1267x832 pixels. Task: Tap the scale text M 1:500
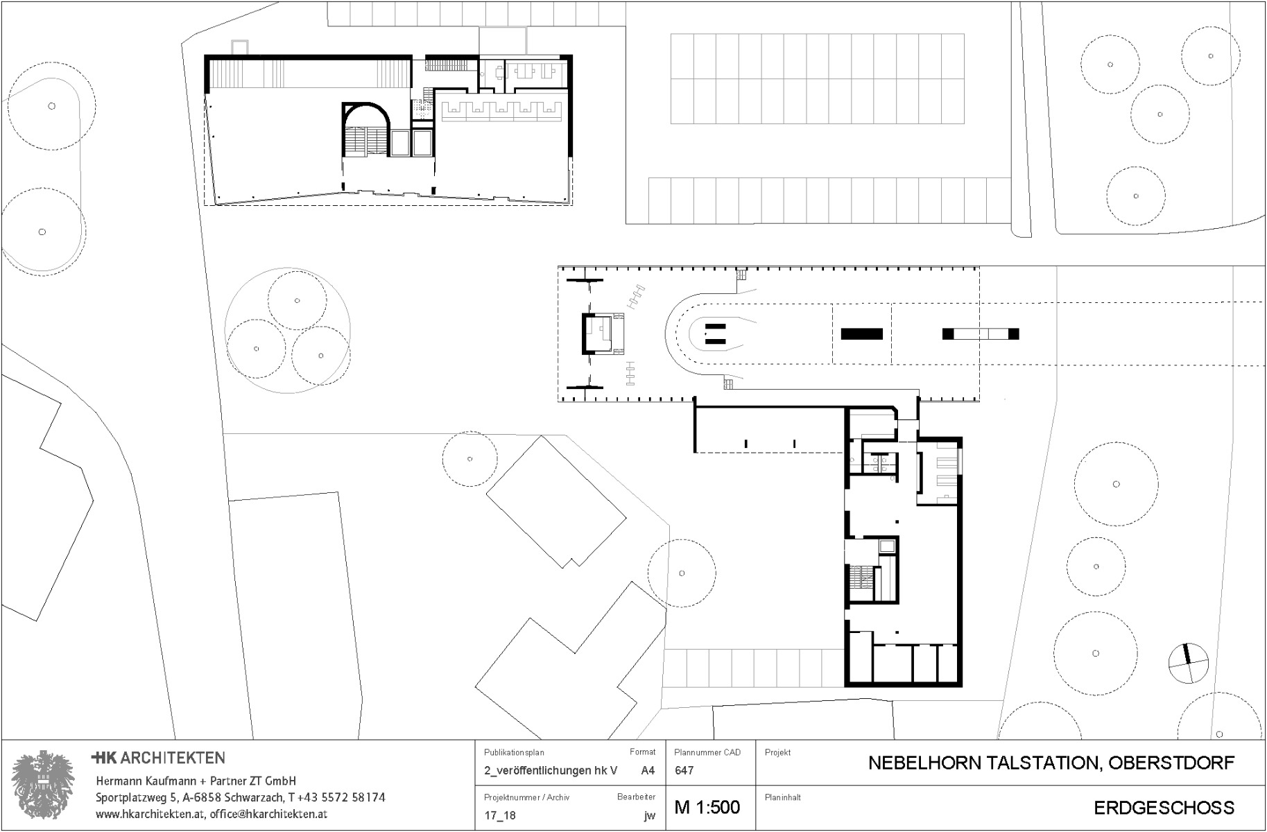707,807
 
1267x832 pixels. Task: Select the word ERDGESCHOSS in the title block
1164,808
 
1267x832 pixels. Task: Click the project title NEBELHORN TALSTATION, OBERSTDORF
1051,763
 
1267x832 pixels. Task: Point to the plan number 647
684,770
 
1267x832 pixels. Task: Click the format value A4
648,770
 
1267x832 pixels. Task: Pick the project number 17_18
500,815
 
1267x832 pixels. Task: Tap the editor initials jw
649,815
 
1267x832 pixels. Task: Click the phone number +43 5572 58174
341,798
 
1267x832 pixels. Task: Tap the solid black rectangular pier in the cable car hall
861,334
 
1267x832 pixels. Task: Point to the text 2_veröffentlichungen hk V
550,770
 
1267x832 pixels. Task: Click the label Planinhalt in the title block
782,797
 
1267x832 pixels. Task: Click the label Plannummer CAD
707,752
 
